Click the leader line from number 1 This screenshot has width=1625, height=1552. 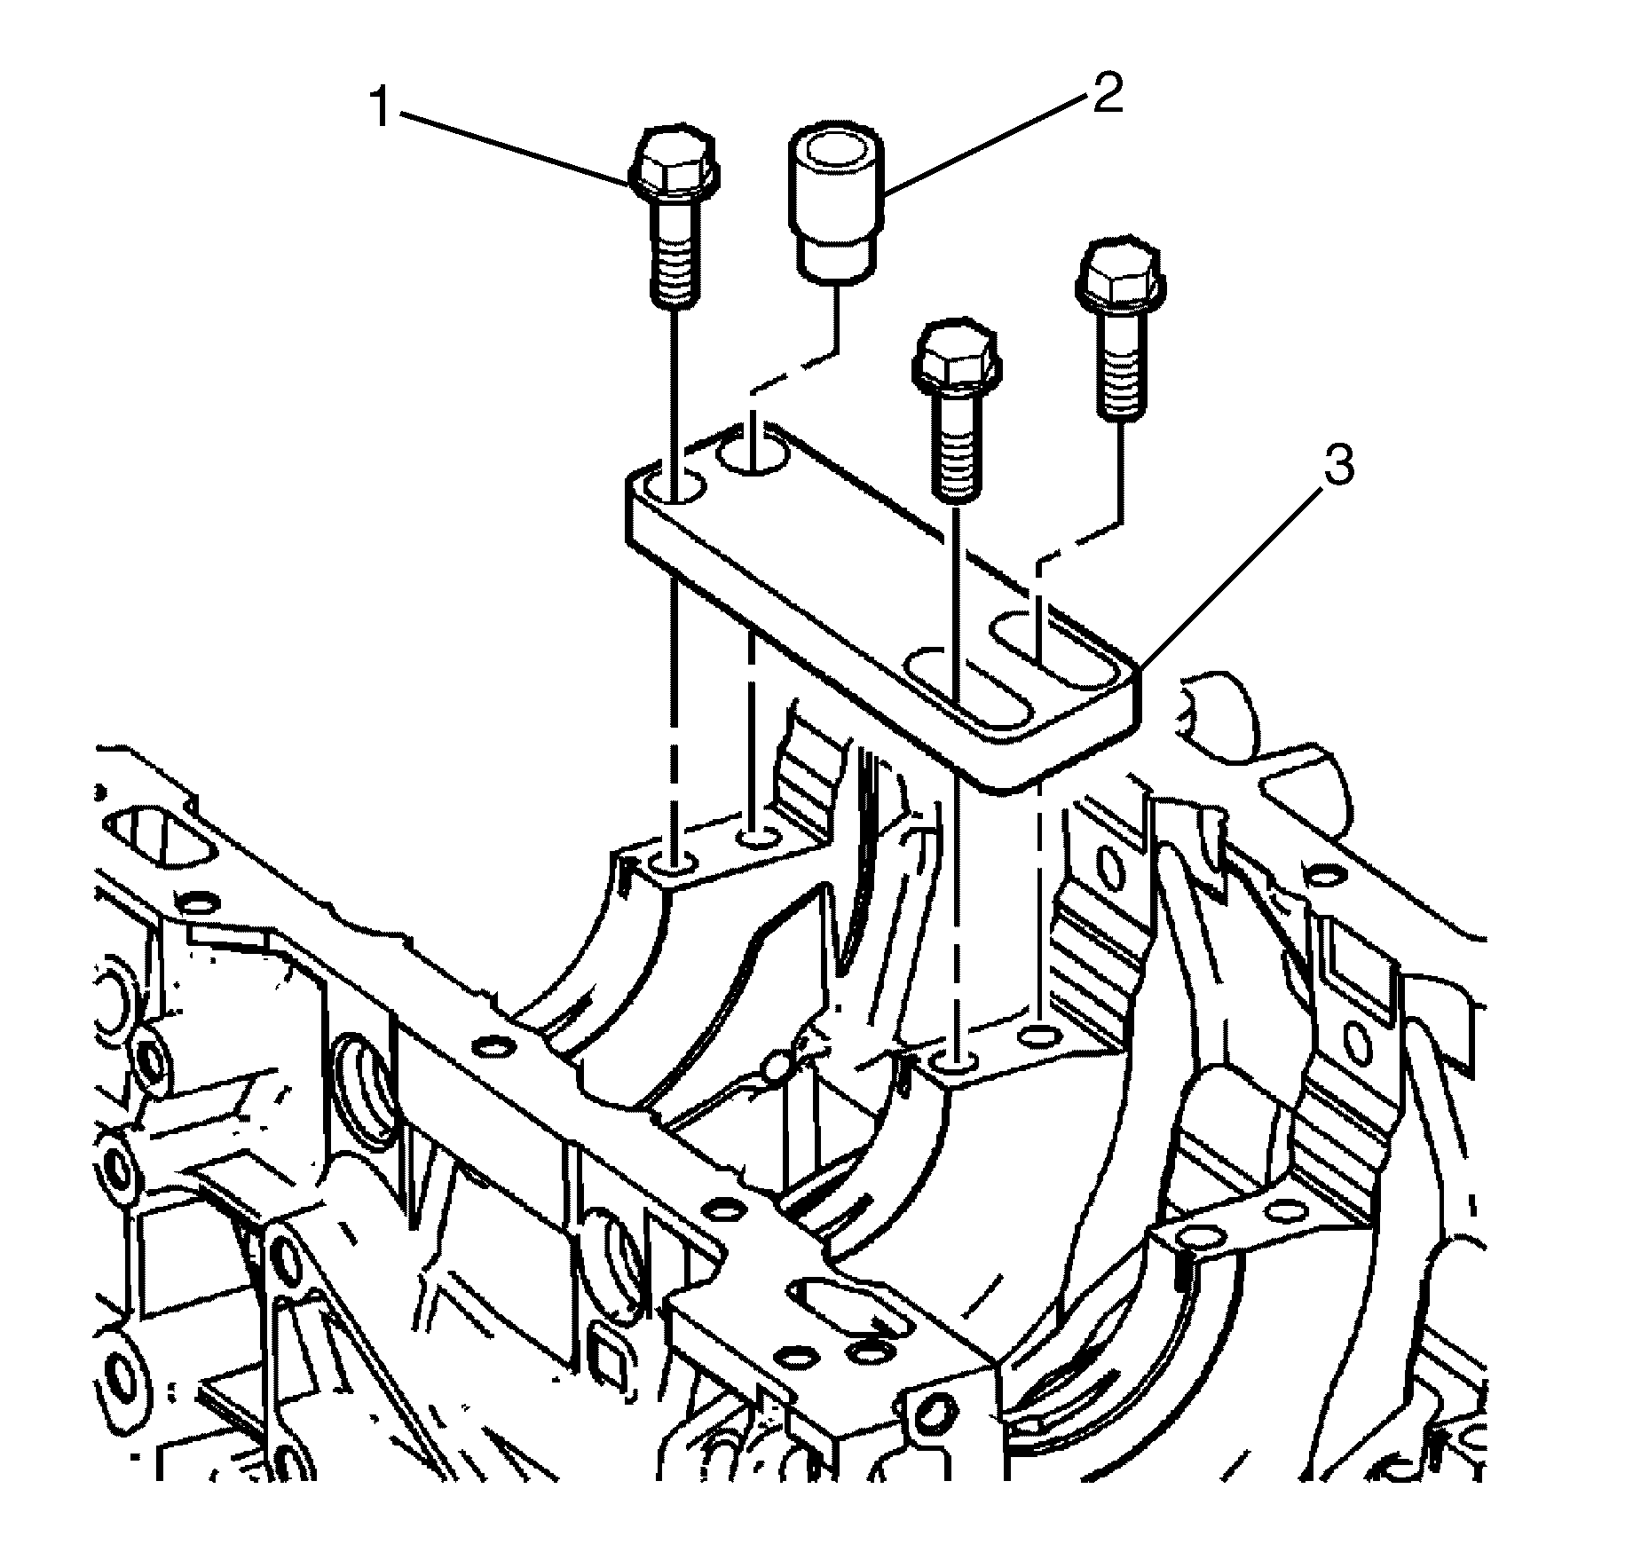(x=515, y=146)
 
